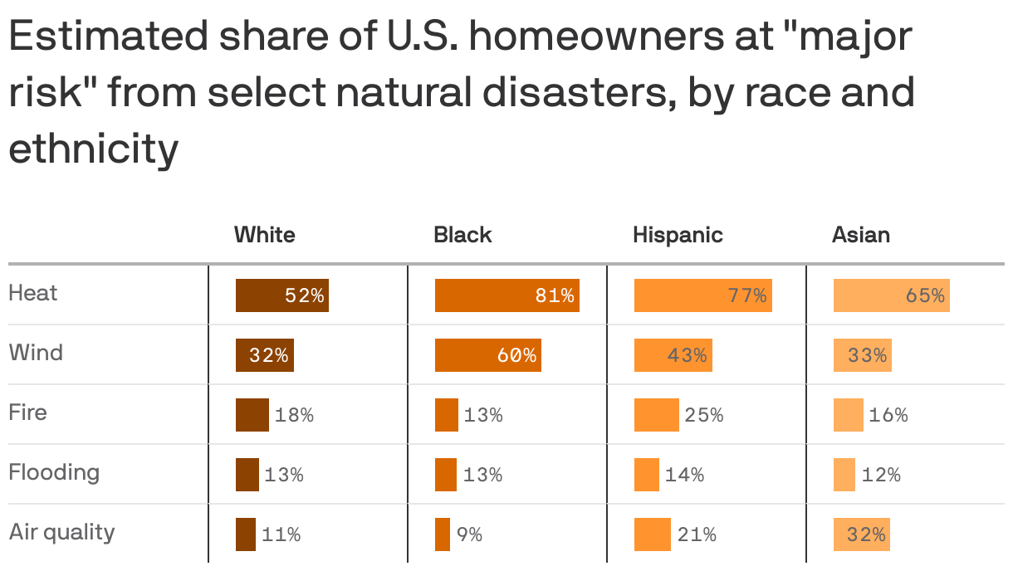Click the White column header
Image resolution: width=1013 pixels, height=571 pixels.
click(x=264, y=235)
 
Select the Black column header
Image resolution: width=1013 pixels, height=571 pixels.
click(x=462, y=235)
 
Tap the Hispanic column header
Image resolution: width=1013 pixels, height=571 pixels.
click(x=678, y=235)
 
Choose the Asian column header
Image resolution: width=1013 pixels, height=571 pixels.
click(x=860, y=235)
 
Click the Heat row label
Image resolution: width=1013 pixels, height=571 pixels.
click(x=33, y=293)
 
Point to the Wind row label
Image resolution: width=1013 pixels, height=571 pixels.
click(x=36, y=353)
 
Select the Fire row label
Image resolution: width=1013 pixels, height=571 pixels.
click(x=28, y=412)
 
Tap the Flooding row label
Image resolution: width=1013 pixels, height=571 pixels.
click(x=54, y=472)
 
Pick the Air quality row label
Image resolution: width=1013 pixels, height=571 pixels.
click(x=61, y=532)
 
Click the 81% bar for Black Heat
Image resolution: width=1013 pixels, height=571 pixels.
click(x=506, y=295)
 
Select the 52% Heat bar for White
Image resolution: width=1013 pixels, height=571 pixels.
click(x=281, y=295)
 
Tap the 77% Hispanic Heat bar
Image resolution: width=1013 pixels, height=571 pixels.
click(x=702, y=295)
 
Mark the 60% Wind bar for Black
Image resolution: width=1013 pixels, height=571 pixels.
click(x=487, y=355)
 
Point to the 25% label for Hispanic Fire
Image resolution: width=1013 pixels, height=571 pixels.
click(x=704, y=415)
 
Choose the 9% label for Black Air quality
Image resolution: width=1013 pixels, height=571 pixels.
click(x=469, y=534)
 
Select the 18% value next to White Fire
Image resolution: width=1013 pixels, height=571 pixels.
click(x=294, y=415)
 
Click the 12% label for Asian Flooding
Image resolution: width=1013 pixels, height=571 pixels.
click(x=881, y=475)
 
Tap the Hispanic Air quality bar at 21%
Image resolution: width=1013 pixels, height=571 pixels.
click(x=652, y=534)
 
